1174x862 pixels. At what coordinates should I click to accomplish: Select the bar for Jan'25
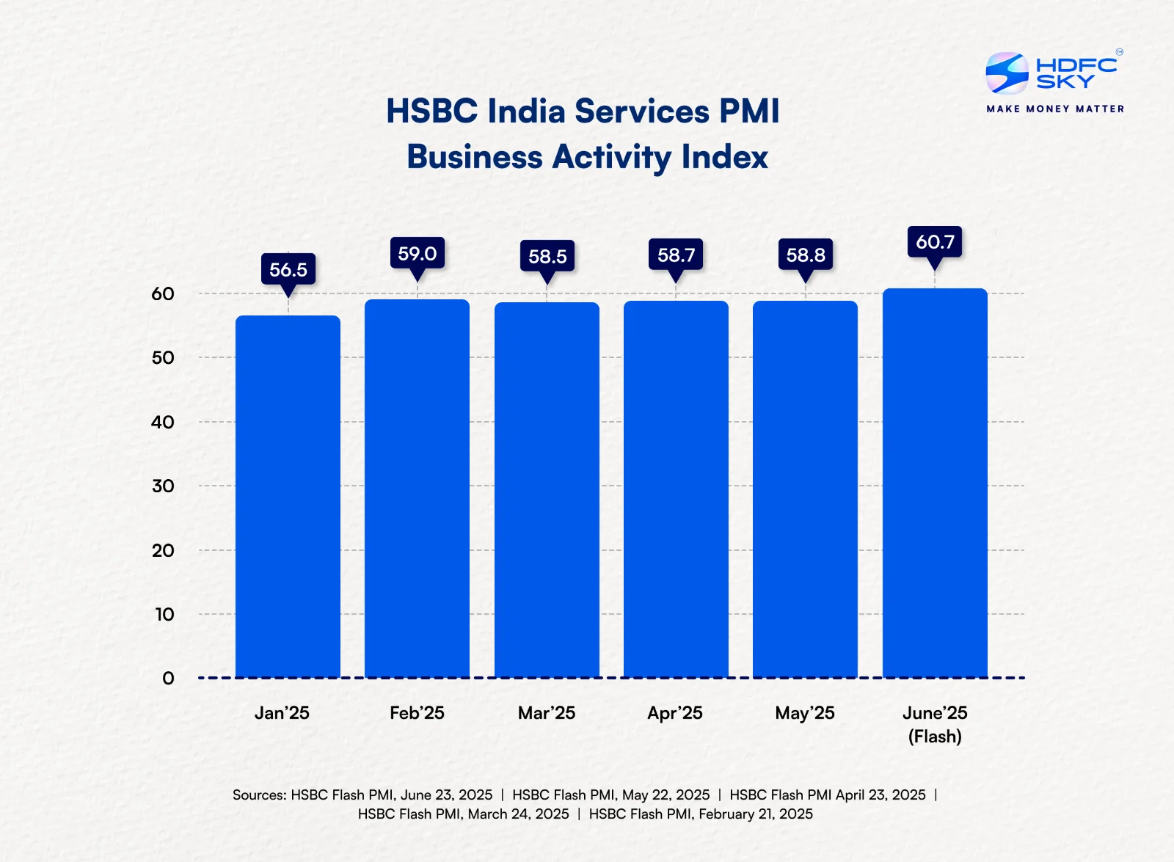288,497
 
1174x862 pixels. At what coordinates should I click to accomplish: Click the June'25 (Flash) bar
935,483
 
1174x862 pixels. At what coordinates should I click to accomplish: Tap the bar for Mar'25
547,490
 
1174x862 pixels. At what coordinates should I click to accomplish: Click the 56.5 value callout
288,269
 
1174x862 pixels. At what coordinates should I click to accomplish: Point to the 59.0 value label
417,253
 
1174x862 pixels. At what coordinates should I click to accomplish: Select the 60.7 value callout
935,241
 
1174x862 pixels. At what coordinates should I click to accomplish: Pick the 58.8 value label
805,255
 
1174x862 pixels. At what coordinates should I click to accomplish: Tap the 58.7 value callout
676,255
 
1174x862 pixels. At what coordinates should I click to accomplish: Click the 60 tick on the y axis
163,293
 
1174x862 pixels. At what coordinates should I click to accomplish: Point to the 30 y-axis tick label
163,486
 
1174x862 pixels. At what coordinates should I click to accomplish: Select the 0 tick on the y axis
168,678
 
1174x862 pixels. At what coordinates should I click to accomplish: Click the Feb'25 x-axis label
417,712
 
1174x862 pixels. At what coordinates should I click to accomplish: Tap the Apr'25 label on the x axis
675,712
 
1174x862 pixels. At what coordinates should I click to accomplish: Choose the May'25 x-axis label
805,712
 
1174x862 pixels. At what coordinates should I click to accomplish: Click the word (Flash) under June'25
935,736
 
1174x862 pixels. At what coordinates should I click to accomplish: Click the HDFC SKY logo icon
1007,73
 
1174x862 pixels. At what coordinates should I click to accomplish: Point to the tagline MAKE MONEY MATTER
1055,109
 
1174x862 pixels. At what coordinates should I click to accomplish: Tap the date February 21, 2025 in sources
755,814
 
